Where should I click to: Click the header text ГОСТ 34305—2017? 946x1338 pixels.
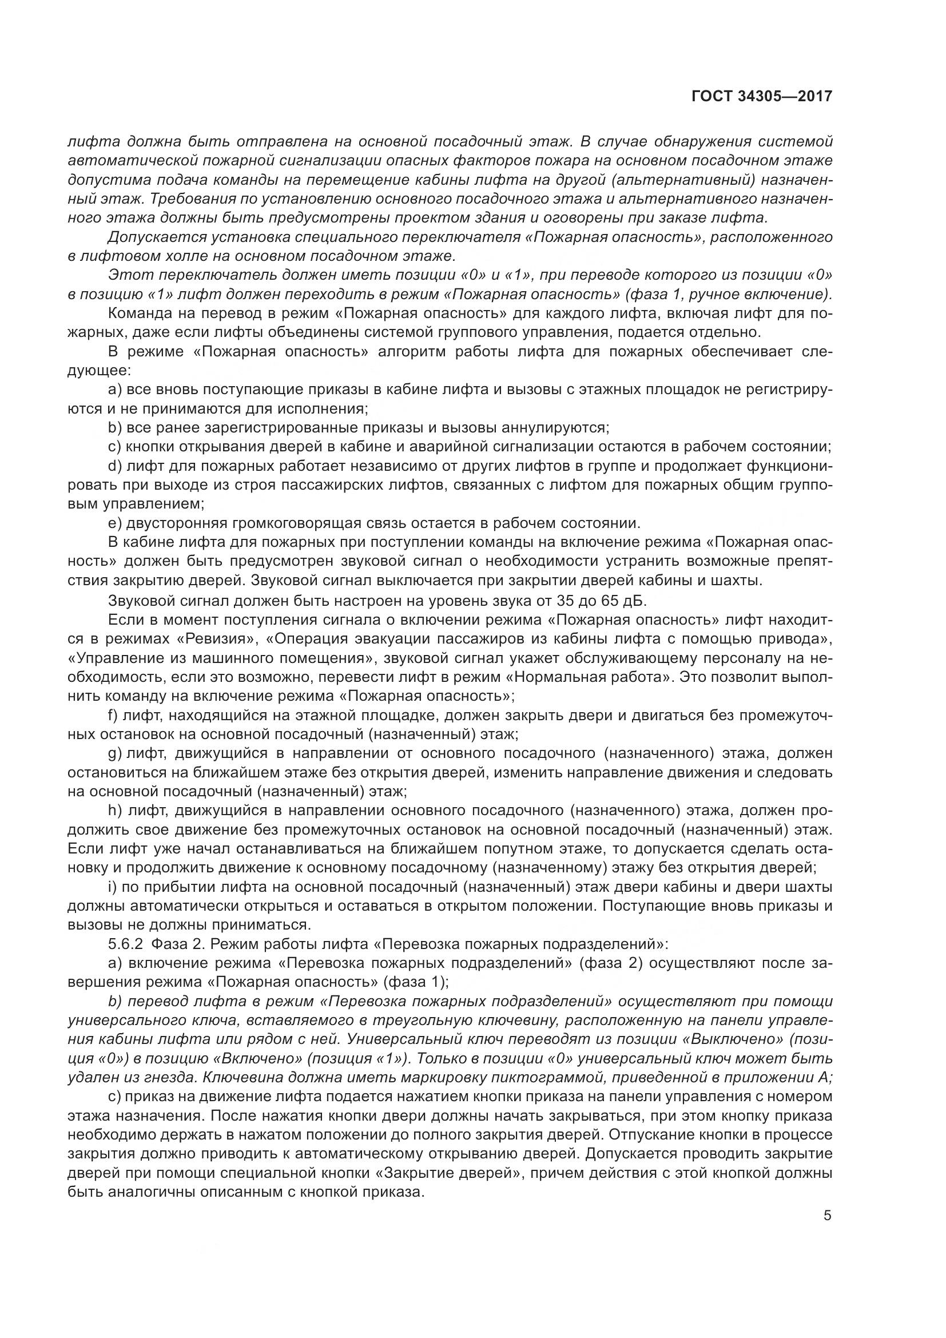click(761, 96)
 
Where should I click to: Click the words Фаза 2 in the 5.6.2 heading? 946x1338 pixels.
click(172, 943)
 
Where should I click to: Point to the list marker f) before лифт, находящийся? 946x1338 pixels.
click(114, 715)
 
